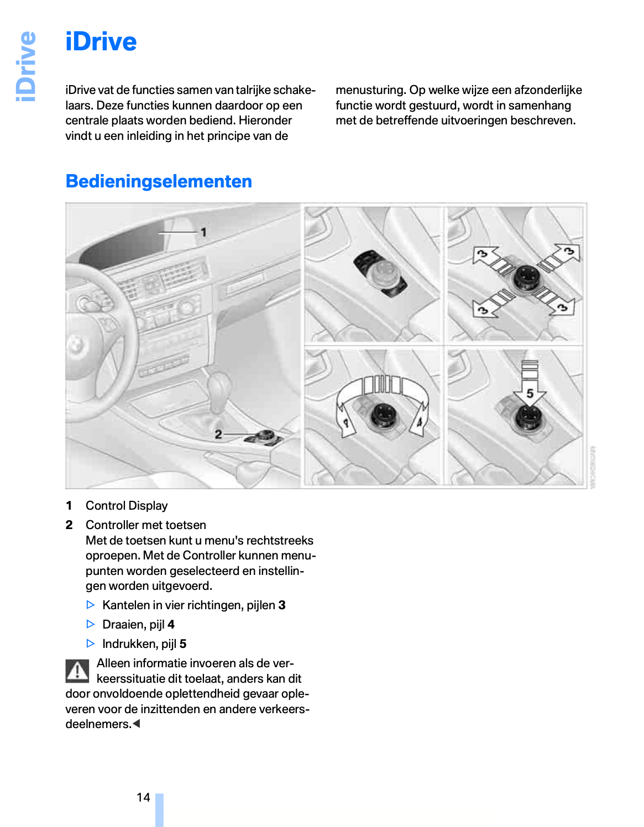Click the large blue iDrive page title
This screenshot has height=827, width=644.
click(x=101, y=42)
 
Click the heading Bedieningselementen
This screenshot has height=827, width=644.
click(x=159, y=181)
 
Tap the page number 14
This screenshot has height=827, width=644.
click(x=143, y=797)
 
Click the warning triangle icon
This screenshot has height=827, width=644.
click(x=77, y=671)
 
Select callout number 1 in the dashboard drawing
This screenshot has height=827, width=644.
click(x=203, y=232)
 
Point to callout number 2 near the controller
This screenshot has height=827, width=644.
click(x=218, y=435)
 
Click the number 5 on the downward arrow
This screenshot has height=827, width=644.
click(x=530, y=394)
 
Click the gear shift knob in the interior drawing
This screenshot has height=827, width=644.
click(x=219, y=385)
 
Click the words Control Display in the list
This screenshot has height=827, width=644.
click(x=127, y=506)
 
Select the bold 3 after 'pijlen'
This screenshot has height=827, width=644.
click(x=282, y=605)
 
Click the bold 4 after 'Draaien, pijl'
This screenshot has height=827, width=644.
click(x=171, y=625)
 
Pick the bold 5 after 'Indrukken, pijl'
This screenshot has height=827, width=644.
click(x=183, y=644)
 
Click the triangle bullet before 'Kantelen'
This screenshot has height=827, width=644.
click(x=91, y=605)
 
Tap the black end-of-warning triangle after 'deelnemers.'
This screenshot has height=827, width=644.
click(x=137, y=724)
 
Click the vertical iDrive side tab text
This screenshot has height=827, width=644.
click(x=26, y=66)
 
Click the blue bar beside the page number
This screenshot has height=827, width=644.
click(x=159, y=810)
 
